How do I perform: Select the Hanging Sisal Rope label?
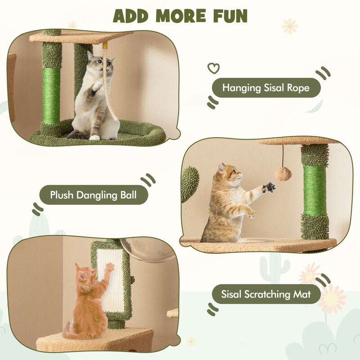pyautogui.click(x=266, y=88)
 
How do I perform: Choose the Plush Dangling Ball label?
pyautogui.click(x=93, y=195)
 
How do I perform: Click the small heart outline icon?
pyautogui.click(x=213, y=68)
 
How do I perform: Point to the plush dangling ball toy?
pyautogui.click(x=283, y=174)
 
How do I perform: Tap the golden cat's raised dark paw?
pyautogui.click(x=270, y=187)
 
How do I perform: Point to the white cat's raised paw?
pyautogui.click(x=97, y=85)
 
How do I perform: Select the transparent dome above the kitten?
pyautogui.click(x=153, y=250)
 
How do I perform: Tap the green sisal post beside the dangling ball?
pyautogui.click(x=315, y=189)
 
